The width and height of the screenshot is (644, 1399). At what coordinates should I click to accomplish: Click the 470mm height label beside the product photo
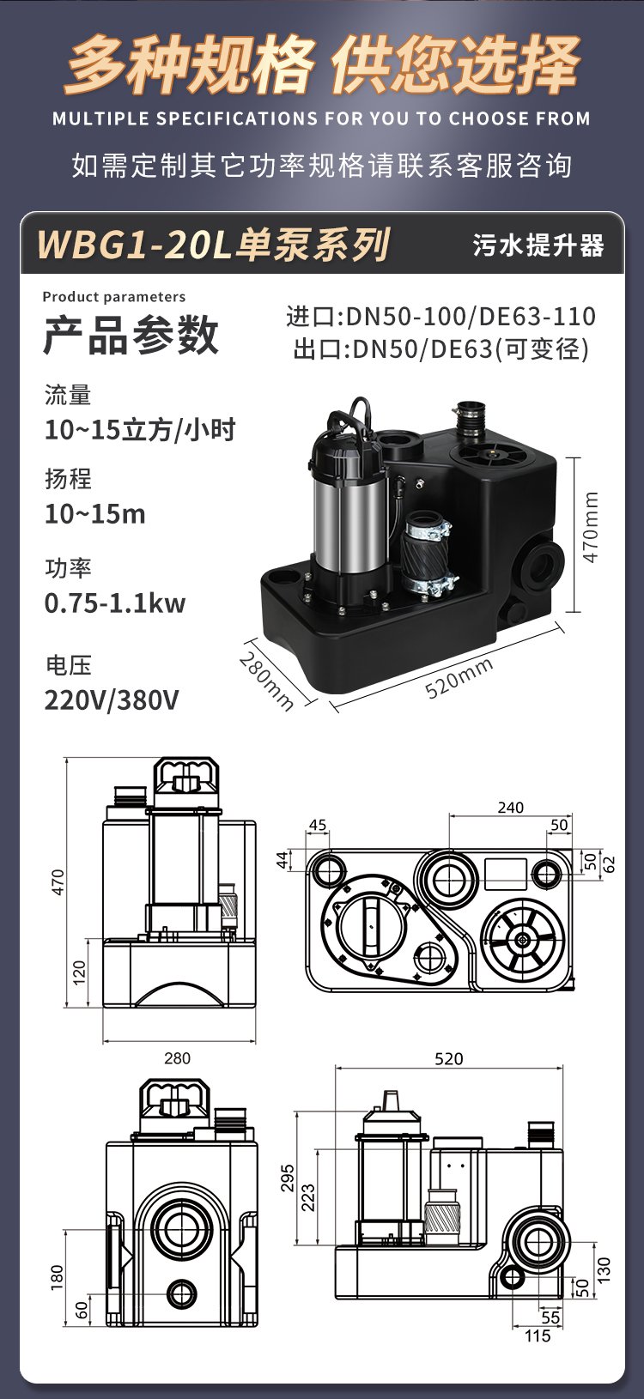(591, 527)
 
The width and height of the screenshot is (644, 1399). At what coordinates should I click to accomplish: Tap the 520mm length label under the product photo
(459, 677)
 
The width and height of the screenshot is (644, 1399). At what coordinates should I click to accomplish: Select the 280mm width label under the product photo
(266, 681)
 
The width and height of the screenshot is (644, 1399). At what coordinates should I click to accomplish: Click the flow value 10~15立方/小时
(140, 430)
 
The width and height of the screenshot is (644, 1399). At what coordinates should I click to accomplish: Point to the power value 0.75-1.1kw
(115, 603)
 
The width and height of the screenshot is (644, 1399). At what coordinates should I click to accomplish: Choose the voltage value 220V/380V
(111, 700)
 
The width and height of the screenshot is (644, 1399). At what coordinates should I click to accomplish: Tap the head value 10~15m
(95, 514)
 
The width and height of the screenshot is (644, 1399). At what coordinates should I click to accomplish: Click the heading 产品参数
(131, 335)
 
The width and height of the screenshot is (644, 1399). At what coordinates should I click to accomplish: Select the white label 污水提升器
(538, 245)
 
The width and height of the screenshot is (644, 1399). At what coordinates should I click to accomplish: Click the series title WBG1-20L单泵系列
(214, 244)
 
